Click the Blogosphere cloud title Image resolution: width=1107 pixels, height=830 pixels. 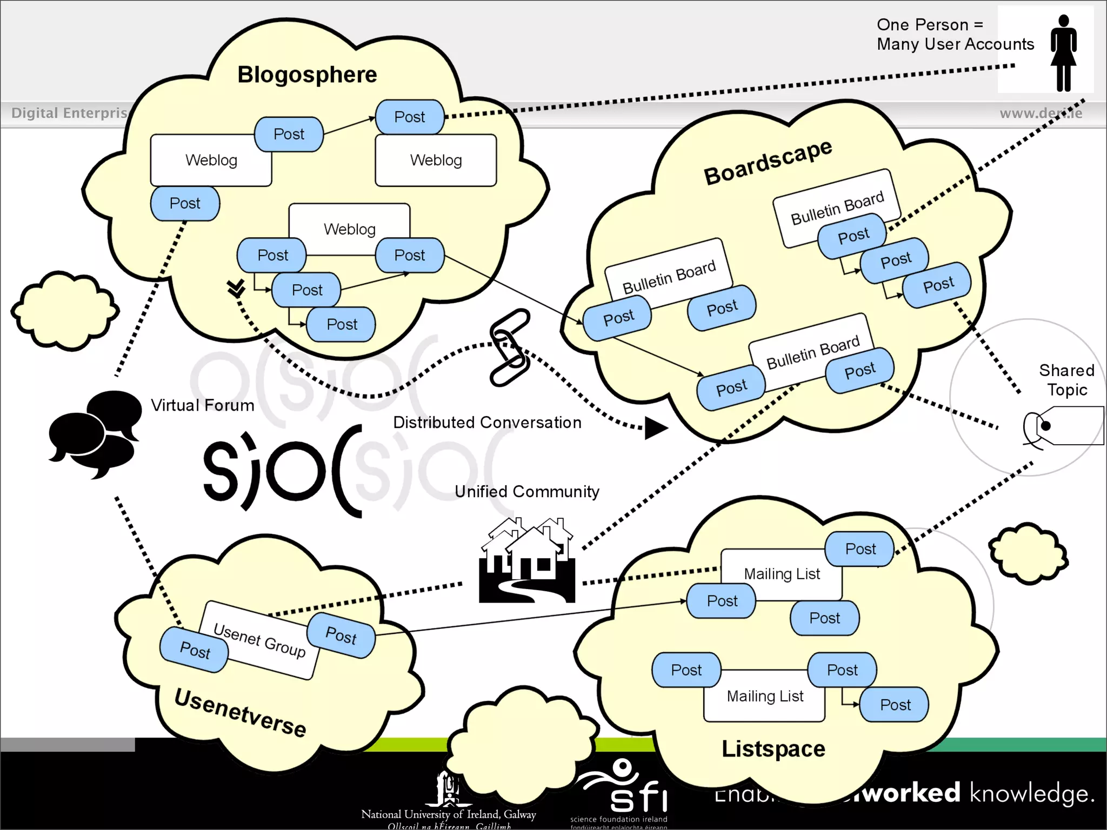click(307, 75)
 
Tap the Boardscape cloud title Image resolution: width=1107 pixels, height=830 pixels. click(768, 161)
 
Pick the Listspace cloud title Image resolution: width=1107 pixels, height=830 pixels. click(773, 749)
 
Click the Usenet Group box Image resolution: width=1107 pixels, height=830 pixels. click(259, 640)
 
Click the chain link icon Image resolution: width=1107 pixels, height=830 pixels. click(509, 347)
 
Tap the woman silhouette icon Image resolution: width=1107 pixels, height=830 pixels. click(1063, 52)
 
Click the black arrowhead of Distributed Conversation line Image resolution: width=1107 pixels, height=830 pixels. click(656, 428)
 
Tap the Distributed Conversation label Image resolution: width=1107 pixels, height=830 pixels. click(487, 423)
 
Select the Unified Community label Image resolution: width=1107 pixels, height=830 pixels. click(527, 492)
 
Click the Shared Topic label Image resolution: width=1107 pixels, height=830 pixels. click(1066, 380)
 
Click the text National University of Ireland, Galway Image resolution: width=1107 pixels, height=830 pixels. click(448, 814)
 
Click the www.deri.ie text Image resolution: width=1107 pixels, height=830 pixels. click(1041, 113)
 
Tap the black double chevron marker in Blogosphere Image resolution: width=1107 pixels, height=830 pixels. click(236, 288)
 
